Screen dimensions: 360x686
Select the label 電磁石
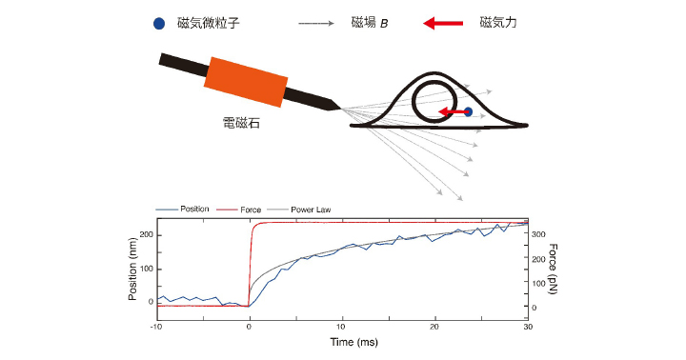[x=240, y=124]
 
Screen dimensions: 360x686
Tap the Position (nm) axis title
[x=134, y=267]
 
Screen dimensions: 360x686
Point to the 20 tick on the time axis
[x=434, y=327]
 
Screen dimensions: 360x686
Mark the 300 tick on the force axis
[x=539, y=233]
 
